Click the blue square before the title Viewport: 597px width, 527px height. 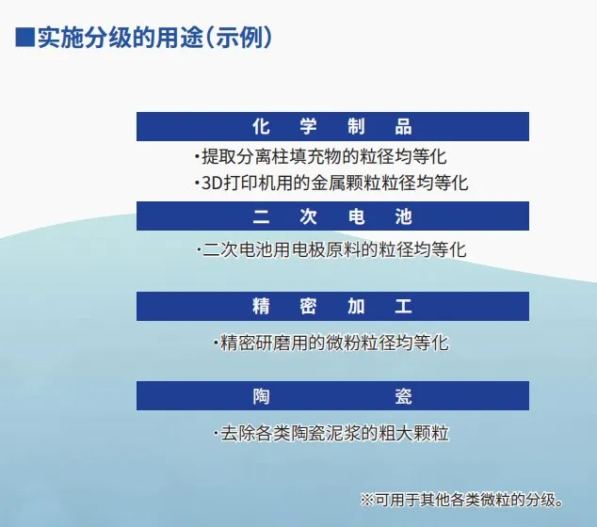24,38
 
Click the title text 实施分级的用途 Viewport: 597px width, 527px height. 121,38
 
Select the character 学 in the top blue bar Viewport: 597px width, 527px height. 308,126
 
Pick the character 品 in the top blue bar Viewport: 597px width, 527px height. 403,126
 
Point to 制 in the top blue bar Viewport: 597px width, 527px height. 356,126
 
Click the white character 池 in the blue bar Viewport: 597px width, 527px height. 403,216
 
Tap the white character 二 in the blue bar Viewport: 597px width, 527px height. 261,216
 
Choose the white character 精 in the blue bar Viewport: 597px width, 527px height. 261,306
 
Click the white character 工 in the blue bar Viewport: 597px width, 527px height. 403,306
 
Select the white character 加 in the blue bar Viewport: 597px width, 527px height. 356,306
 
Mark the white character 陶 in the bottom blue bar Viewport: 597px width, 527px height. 261,396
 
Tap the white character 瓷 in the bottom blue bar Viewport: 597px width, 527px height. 403,396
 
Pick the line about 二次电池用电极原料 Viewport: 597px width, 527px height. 331,250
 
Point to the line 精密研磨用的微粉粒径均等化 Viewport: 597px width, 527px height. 331,343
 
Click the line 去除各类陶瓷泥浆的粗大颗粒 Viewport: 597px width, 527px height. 331,433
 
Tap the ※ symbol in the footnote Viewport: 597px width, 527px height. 367,500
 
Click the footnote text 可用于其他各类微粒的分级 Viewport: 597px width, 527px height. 465,500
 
